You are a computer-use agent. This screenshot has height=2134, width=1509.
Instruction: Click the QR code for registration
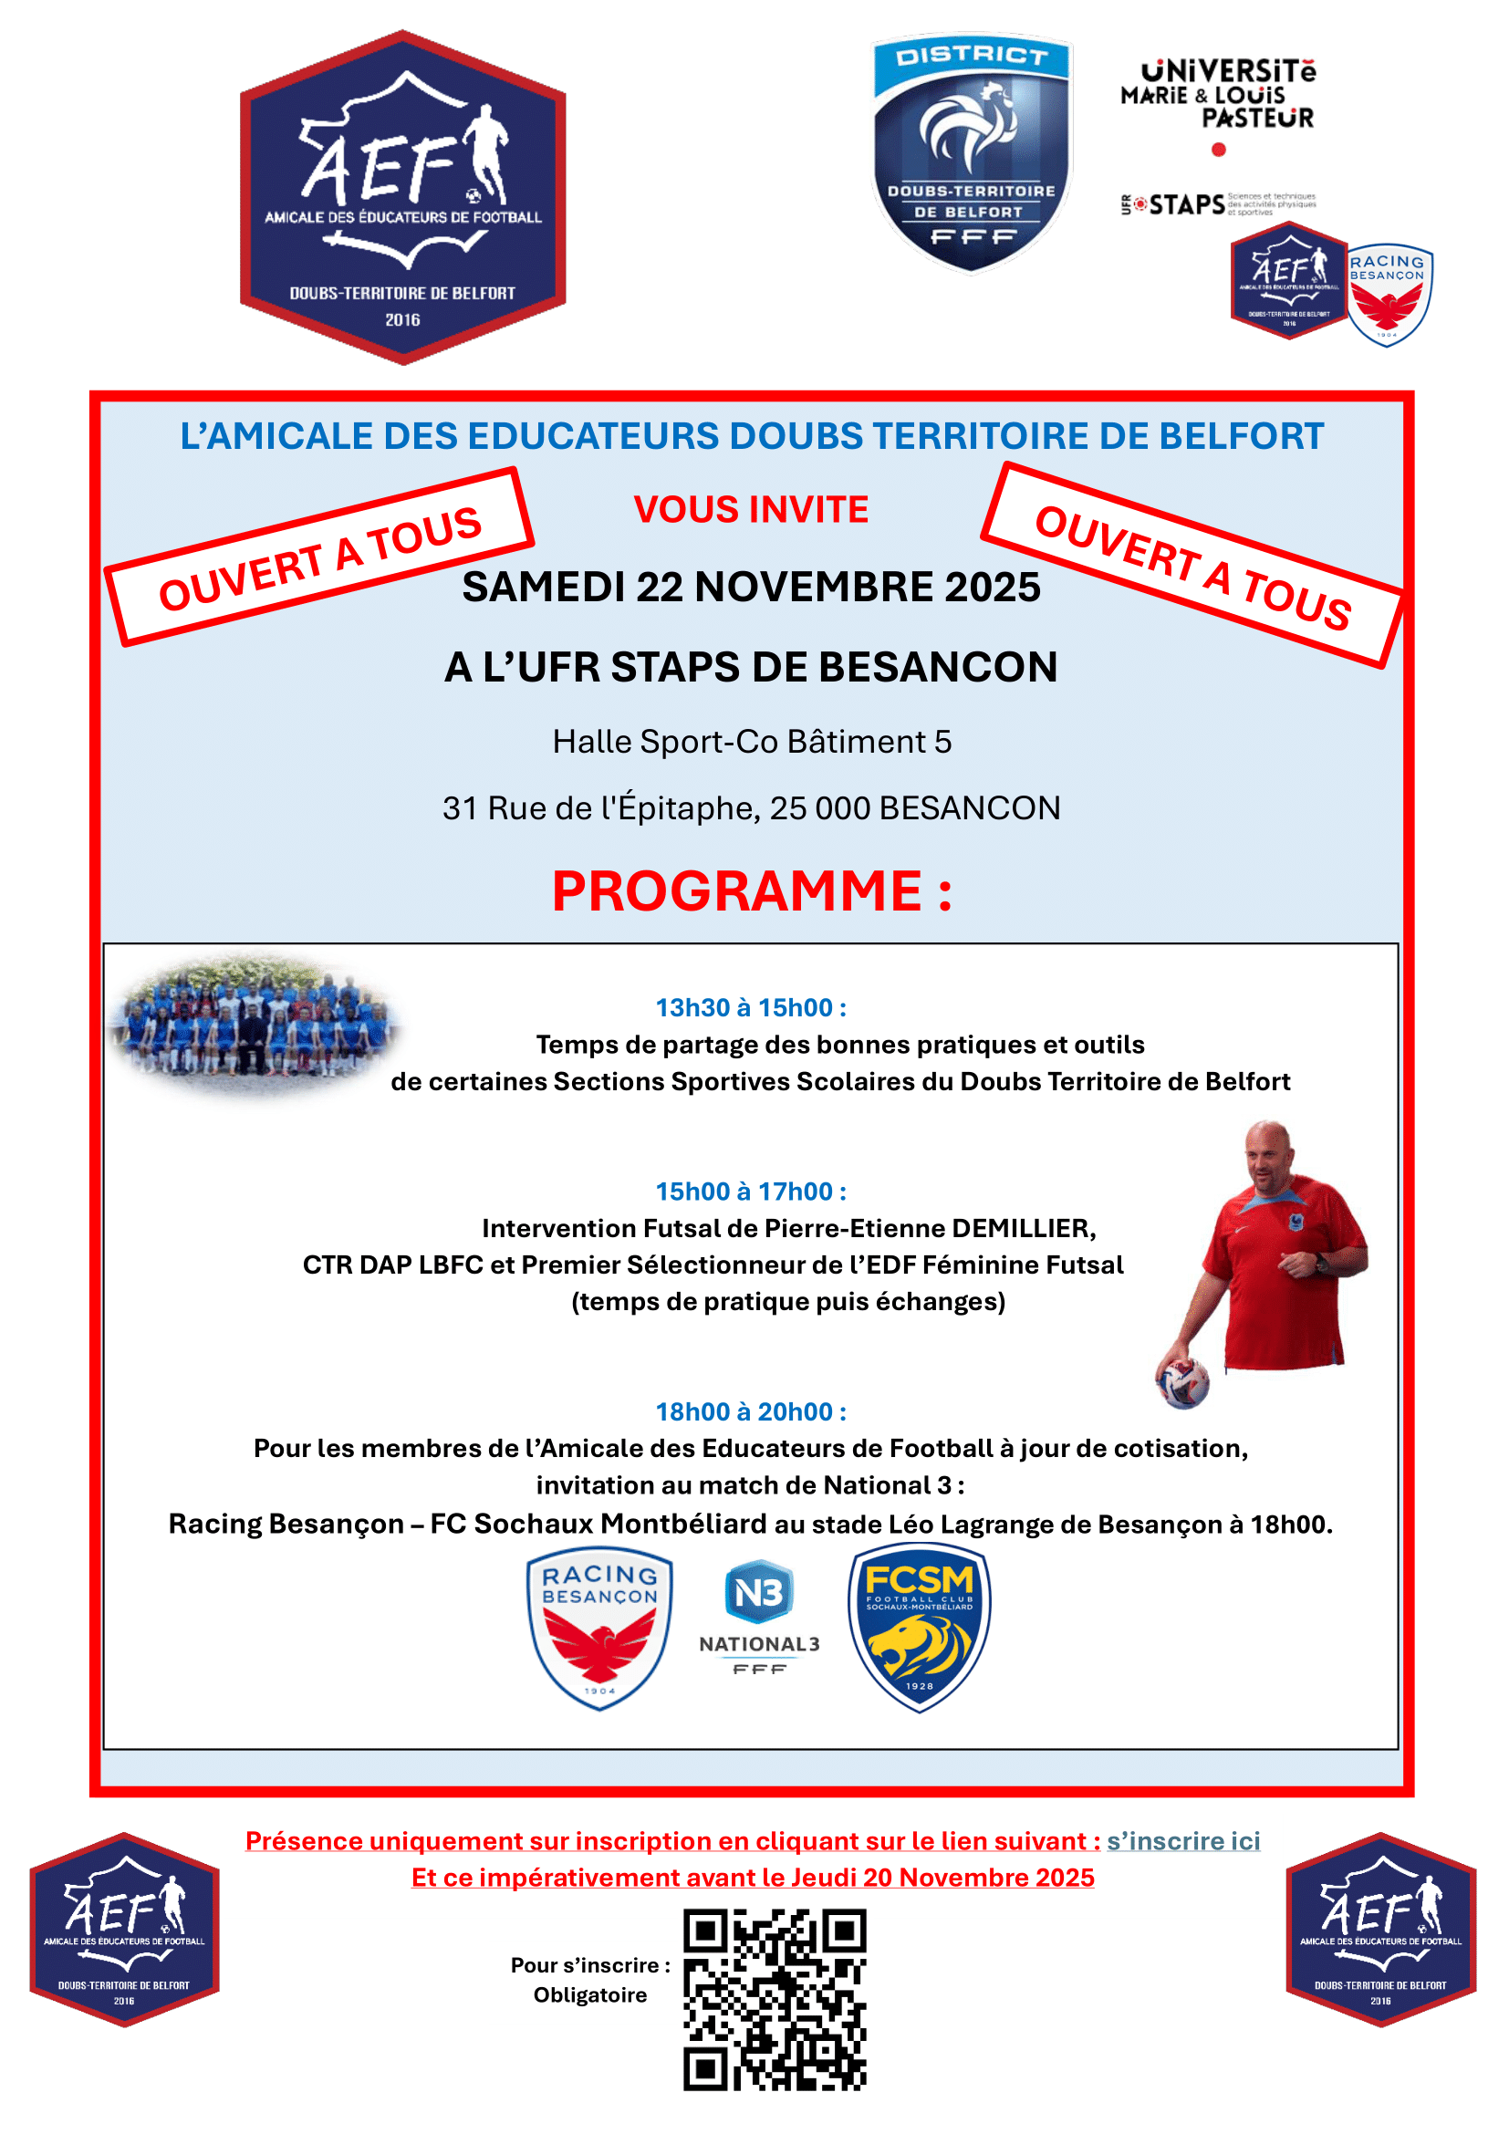(774, 1999)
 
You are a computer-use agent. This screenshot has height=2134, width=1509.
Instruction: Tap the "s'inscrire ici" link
(1183, 1841)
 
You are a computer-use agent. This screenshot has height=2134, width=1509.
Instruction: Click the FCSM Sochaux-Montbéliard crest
(919, 1628)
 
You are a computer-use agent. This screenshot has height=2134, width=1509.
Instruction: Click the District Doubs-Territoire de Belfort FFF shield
(972, 153)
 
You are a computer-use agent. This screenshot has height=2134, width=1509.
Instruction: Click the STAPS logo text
(1187, 204)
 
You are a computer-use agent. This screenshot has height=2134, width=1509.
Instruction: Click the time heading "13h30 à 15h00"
(751, 1007)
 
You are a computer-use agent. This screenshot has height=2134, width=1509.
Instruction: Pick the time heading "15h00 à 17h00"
(751, 1192)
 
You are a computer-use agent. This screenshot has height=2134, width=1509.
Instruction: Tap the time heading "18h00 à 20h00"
(751, 1411)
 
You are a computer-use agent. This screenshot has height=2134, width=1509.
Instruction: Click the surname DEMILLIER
(1023, 1229)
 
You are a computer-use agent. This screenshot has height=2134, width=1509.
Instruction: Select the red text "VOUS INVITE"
(751, 509)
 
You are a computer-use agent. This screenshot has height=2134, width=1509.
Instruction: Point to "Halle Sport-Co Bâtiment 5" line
(752, 742)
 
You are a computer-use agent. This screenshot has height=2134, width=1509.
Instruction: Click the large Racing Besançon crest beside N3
(599, 1628)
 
